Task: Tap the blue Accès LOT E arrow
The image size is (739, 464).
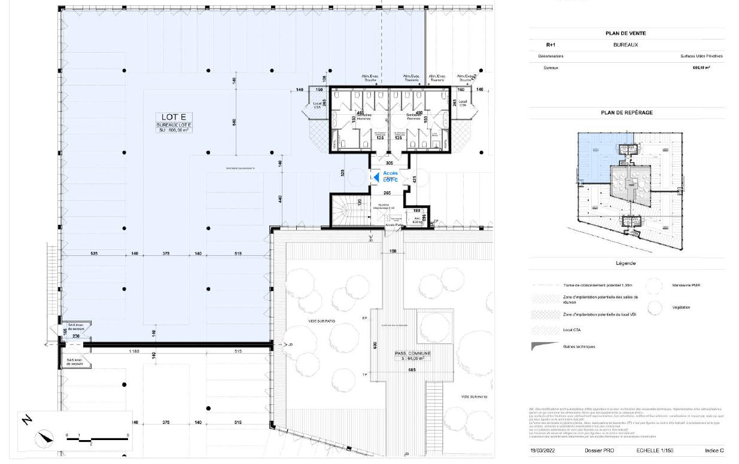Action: click(376, 177)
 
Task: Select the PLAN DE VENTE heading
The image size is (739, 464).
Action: click(625, 34)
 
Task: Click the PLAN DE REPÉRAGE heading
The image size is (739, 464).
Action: click(626, 112)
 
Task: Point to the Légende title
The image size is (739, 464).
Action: click(625, 263)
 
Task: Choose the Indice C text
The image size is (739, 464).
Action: click(714, 450)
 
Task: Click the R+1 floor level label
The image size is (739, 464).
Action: click(551, 45)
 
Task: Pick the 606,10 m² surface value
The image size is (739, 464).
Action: click(701, 68)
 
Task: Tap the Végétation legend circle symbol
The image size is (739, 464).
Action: click(655, 307)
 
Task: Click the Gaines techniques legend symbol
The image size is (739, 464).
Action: click(541, 346)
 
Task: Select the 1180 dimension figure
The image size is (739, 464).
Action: click(134, 351)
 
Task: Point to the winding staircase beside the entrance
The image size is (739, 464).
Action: click(345, 212)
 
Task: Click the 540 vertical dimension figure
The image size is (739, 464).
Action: click(235, 122)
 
